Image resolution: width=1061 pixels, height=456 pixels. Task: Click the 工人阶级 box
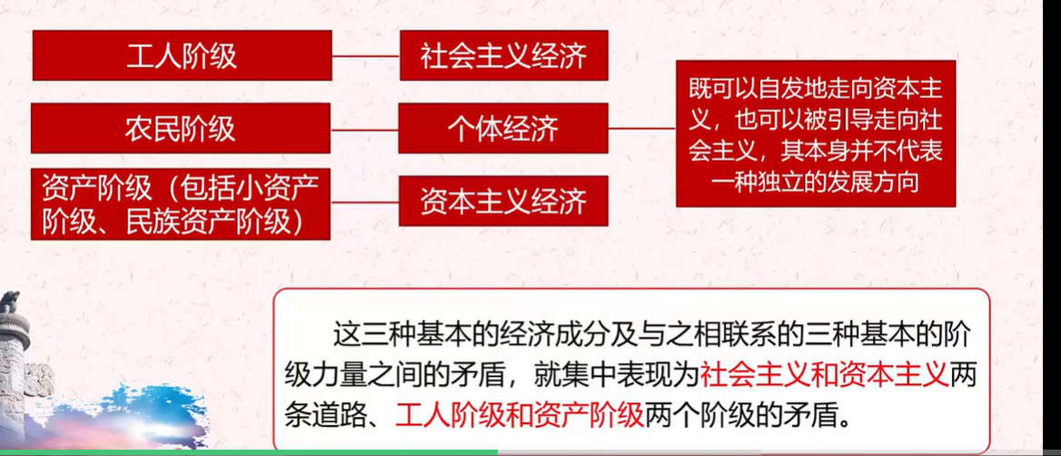click(182, 55)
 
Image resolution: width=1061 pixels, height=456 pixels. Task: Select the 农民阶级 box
click(181, 128)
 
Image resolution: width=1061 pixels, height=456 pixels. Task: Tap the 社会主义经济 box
click(503, 55)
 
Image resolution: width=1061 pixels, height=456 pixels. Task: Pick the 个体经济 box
click(503, 128)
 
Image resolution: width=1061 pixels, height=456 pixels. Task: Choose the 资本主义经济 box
click(503, 201)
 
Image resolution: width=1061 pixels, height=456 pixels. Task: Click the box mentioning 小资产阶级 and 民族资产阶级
click(181, 204)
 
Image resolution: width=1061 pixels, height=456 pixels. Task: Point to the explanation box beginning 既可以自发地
click(816, 134)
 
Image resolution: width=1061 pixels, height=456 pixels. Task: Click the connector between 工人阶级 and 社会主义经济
click(365, 56)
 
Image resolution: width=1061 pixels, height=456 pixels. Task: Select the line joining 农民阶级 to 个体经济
click(365, 129)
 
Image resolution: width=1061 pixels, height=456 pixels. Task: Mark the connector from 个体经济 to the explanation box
click(642, 128)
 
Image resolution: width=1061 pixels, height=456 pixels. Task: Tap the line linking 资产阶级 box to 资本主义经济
click(365, 202)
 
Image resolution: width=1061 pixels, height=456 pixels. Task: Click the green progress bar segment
click(249, 452)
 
